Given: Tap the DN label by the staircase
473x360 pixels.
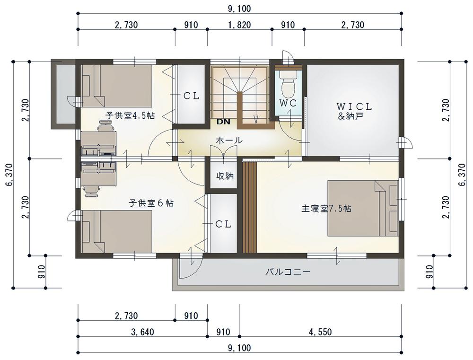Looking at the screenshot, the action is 223,122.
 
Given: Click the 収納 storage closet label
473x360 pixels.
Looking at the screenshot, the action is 225,176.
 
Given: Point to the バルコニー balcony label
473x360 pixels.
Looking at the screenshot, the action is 288,272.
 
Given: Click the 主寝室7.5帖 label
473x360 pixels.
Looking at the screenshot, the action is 326,209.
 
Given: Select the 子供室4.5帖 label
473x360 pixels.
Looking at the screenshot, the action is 130,115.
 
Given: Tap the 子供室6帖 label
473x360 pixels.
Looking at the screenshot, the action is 151,203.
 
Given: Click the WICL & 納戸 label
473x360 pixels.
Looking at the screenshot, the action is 354,111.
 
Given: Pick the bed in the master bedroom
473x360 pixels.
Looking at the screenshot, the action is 363,208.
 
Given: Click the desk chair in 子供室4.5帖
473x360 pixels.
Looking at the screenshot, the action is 106,126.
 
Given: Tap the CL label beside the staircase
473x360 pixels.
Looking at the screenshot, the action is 192,96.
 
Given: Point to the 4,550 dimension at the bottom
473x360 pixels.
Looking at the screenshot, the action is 320,332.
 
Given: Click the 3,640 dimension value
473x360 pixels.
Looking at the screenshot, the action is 142,332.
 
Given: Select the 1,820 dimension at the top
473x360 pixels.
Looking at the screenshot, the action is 239,25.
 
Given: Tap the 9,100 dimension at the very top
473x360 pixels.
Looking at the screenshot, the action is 239,9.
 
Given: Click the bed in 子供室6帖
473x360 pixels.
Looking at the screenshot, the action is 116,231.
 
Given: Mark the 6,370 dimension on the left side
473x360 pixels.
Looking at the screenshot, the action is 9,175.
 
